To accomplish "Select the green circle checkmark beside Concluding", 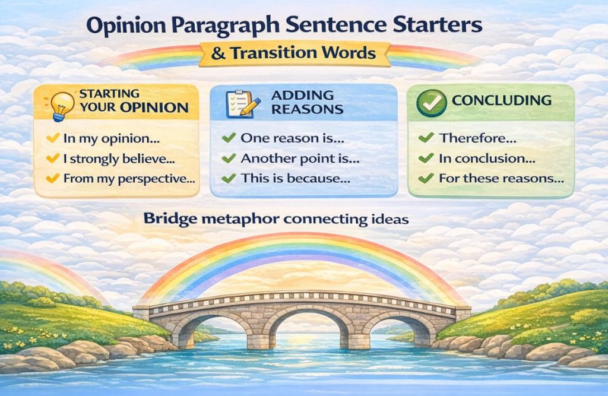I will pos(432,103).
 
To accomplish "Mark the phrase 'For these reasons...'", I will pos(501,178).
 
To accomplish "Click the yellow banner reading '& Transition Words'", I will pos(294,53).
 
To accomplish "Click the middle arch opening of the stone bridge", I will pos(305,330).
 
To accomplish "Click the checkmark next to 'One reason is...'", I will pos(227,138).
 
